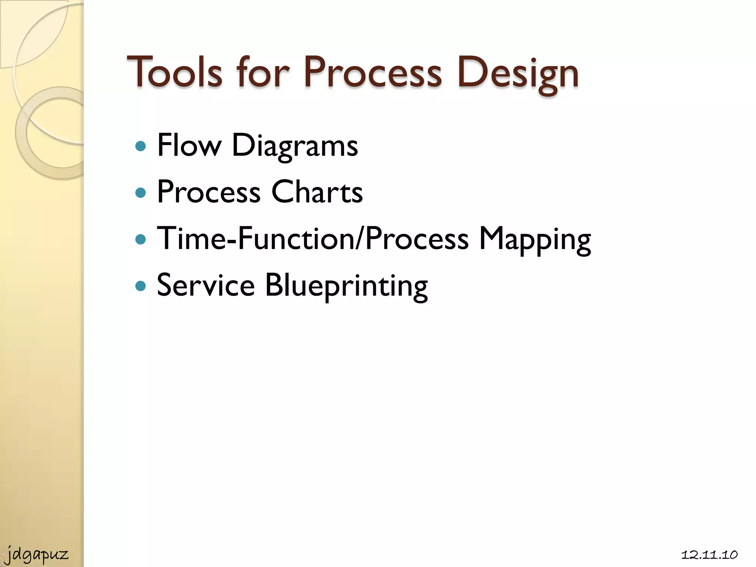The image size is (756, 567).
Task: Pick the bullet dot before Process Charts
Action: point(141,193)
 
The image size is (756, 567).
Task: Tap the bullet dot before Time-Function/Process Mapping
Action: point(141,240)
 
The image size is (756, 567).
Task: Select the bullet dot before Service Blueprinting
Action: point(141,286)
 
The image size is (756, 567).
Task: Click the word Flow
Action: point(189,145)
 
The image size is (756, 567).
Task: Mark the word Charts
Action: point(317,192)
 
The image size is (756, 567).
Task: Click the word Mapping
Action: point(535,239)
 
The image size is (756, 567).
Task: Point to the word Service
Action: point(206,285)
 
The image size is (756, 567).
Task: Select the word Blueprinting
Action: point(346,286)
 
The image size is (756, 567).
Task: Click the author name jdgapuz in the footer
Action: point(37,555)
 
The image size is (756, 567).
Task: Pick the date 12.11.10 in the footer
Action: point(709,555)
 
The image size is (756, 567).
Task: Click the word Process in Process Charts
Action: point(209,192)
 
